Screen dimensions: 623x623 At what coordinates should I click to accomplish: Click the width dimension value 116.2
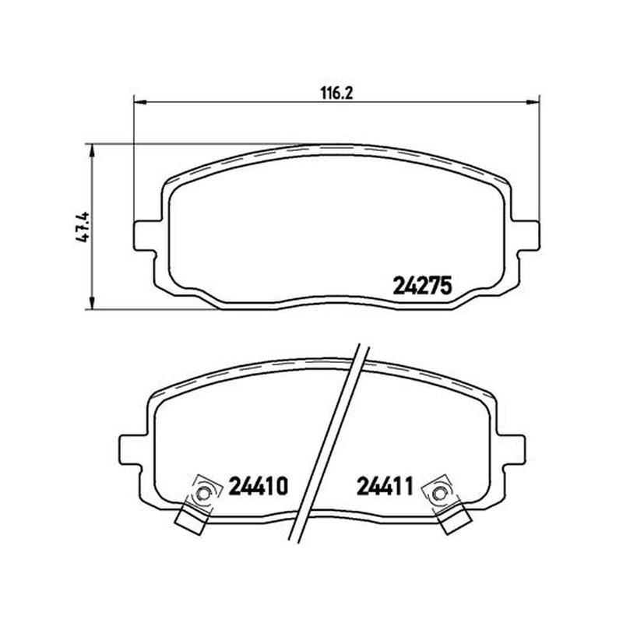[336, 93]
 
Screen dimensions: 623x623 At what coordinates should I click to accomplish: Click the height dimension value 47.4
[83, 227]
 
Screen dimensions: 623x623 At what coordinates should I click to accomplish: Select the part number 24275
[423, 286]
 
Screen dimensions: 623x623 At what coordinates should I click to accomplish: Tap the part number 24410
[258, 486]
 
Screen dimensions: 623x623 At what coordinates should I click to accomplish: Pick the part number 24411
[385, 486]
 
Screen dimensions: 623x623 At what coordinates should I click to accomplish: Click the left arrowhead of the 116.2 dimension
[140, 102]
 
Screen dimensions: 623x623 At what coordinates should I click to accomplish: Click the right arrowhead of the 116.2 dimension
[533, 102]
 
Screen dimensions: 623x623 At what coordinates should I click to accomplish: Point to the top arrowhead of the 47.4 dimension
[92, 150]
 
